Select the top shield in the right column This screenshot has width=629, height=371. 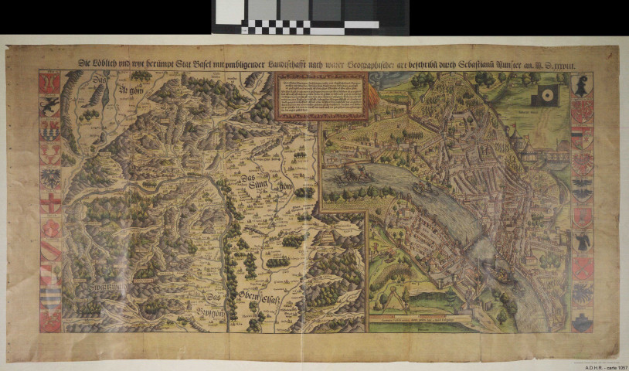(582, 87)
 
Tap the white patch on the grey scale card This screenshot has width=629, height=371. (230, 11)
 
